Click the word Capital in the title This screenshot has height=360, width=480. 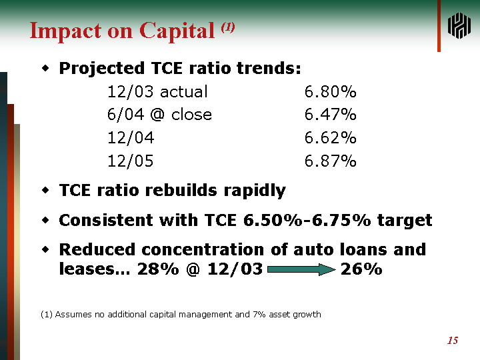[x=177, y=31]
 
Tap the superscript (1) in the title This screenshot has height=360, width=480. [x=228, y=27]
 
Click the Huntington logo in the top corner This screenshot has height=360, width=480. [x=459, y=26]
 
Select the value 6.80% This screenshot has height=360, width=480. [x=330, y=92]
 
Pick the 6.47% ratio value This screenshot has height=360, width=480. [x=330, y=115]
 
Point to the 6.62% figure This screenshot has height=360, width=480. [x=330, y=138]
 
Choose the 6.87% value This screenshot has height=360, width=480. [x=330, y=161]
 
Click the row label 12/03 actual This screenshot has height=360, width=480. [x=157, y=92]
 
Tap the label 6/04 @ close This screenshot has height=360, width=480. [x=159, y=115]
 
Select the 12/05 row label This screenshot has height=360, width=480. [x=131, y=161]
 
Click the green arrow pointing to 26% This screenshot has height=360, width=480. [x=301, y=269]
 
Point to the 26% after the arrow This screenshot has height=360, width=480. [x=361, y=269]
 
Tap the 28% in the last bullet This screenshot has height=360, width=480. [x=158, y=269]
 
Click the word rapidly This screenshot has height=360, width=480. [x=255, y=191]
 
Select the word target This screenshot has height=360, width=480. [x=405, y=221]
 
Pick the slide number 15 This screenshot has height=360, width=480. [x=453, y=341]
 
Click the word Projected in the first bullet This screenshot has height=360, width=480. [x=101, y=69]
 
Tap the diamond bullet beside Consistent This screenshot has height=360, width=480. [x=45, y=220]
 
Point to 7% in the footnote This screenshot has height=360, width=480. [x=259, y=315]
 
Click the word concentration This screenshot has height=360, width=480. [x=203, y=249]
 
